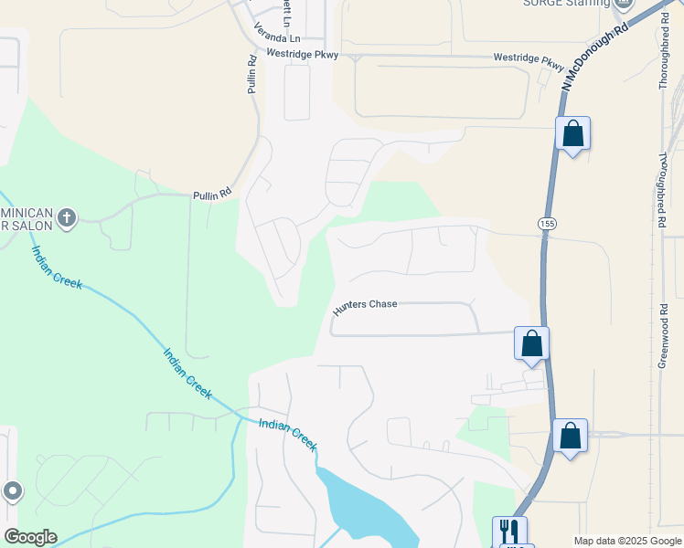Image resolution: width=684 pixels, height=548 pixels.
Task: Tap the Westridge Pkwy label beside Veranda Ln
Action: (x=303, y=55)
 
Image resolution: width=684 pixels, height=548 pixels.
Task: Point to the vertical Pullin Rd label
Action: (x=251, y=75)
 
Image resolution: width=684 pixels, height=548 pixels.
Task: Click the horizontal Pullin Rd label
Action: (x=212, y=195)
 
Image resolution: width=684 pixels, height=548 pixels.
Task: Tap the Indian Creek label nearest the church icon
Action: (x=57, y=268)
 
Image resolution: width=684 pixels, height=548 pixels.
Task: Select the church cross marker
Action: (x=66, y=218)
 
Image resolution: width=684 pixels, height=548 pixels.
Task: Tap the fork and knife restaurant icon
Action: (x=509, y=531)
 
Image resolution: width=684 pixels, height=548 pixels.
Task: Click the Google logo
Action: (x=30, y=537)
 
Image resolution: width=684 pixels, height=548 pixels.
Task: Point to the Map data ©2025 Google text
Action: (x=627, y=541)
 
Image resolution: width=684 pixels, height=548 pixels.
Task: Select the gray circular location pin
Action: (x=12, y=491)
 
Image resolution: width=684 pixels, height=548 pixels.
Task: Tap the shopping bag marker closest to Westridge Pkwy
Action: (x=572, y=133)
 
